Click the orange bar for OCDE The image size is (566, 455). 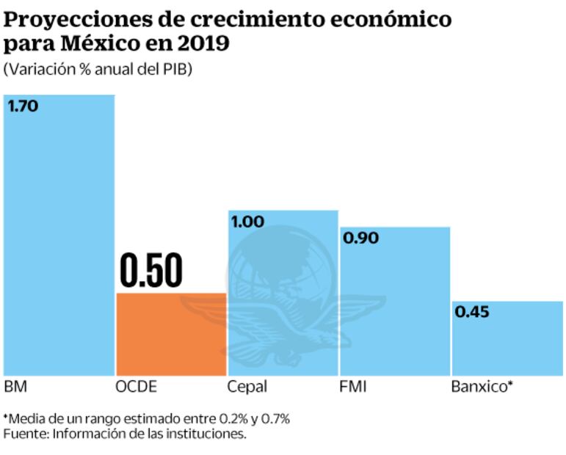(171, 334)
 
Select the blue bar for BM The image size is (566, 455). (59, 242)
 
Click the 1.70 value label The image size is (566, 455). (23, 106)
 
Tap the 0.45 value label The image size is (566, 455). (471, 312)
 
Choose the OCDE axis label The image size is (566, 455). (137, 387)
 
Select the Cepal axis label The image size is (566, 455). (247, 387)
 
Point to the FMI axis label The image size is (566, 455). (353, 387)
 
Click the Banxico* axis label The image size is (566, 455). (480, 387)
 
